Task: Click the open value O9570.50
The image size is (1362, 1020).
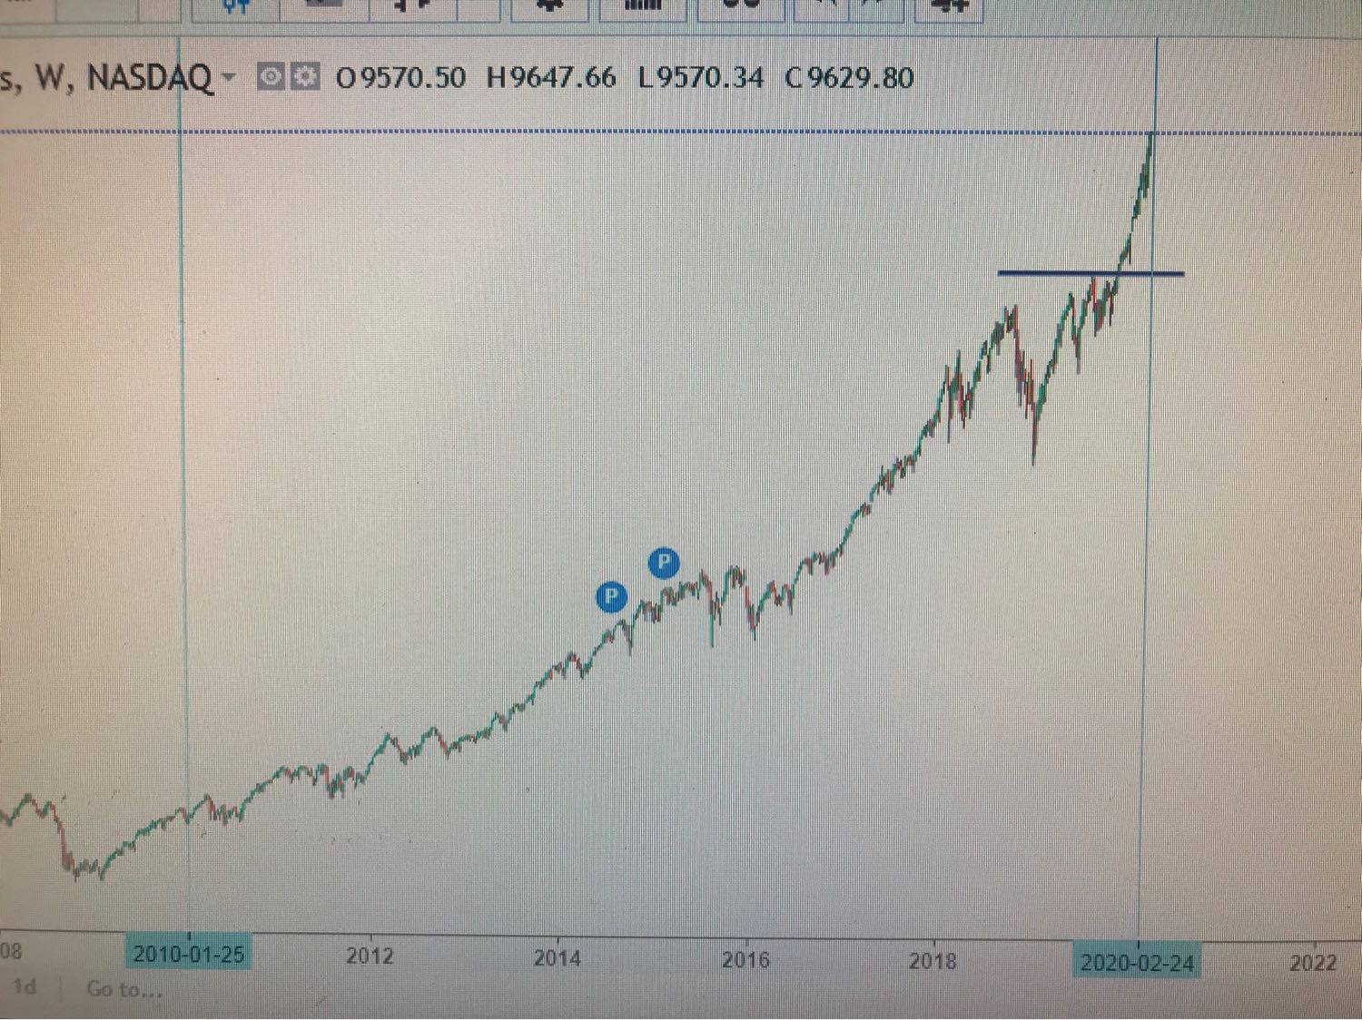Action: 400,78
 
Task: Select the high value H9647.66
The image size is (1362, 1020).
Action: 551,78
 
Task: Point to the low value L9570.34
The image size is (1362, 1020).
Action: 700,78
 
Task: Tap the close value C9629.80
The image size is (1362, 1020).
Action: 849,78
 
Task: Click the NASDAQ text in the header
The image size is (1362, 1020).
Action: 150,78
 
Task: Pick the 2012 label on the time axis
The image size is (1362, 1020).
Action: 370,956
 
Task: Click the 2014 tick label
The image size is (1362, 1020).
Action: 557,958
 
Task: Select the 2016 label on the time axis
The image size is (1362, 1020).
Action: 745,960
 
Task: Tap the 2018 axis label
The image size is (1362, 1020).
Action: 933,961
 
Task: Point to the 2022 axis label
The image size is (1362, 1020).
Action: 1313,963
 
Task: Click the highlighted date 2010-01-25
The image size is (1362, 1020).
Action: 189,955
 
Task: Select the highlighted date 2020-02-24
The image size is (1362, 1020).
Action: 1137,963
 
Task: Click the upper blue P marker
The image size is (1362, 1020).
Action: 664,563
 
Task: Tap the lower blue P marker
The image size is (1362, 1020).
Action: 611,596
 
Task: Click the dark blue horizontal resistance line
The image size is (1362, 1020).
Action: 1090,272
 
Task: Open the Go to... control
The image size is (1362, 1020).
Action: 124,989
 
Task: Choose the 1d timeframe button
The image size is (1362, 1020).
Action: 25,986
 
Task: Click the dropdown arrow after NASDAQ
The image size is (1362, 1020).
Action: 229,77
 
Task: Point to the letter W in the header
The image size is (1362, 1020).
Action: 50,78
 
